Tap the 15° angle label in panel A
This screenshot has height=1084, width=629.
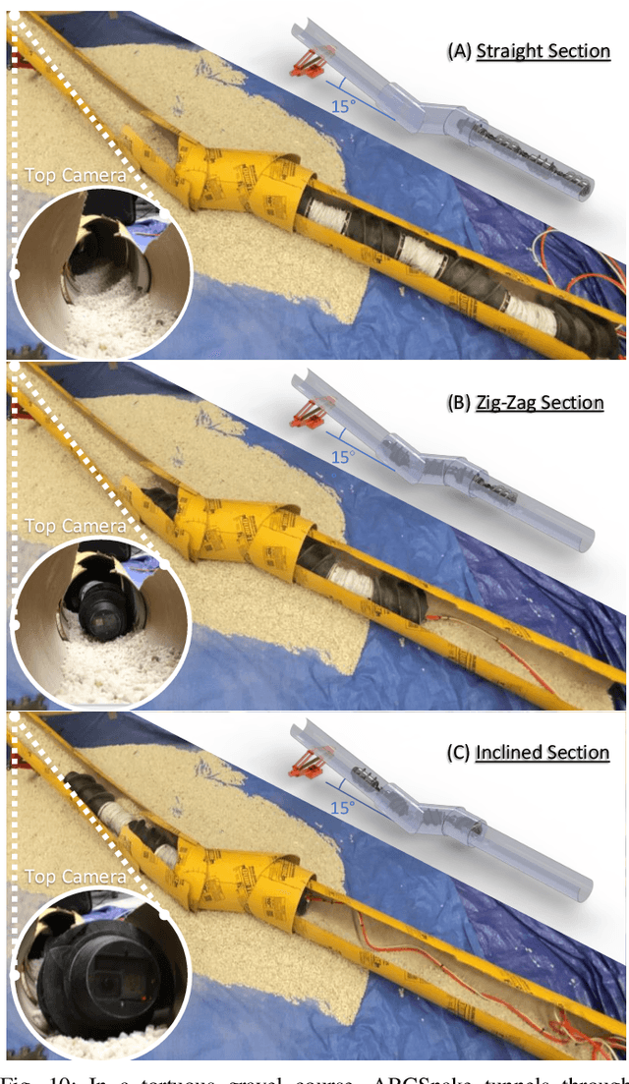pyautogui.click(x=343, y=106)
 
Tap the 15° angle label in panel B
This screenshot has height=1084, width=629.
pyautogui.click(x=341, y=458)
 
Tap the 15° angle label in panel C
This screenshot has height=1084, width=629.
pyautogui.click(x=341, y=808)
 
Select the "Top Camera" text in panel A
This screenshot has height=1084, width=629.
pyautogui.click(x=75, y=176)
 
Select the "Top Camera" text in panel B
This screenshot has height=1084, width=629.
pyautogui.click(x=75, y=527)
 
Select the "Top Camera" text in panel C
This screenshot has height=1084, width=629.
pyautogui.click(x=75, y=877)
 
